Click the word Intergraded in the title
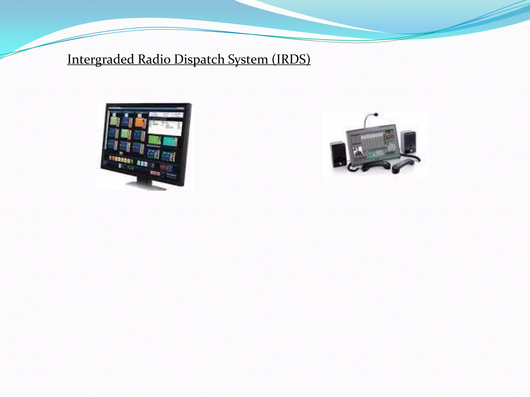click(x=101, y=59)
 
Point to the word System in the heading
click(x=248, y=59)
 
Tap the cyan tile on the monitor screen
click(x=170, y=141)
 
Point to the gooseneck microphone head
click(x=376, y=114)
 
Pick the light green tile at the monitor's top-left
click(x=114, y=121)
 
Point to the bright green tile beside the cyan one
click(x=154, y=140)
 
